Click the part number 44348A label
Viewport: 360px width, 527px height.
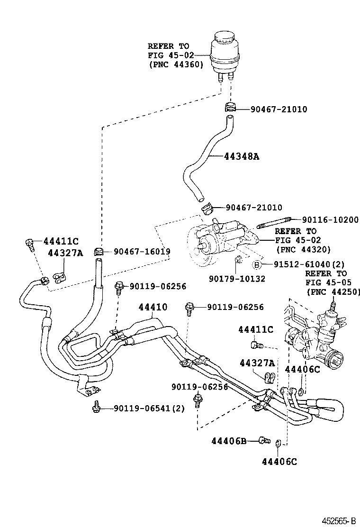242,156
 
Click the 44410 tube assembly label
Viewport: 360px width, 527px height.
153,307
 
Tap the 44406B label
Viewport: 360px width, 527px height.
229,441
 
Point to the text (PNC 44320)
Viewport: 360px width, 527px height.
303,249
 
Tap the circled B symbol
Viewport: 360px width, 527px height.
256,264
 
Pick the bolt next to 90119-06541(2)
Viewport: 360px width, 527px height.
96,407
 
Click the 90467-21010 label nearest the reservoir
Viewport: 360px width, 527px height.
272,109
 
